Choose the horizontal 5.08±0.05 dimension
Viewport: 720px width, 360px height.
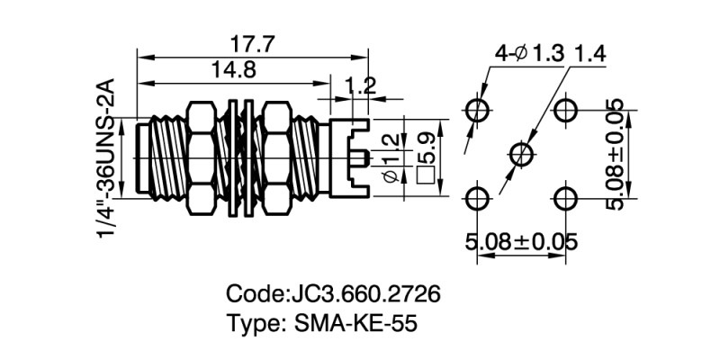[521, 241]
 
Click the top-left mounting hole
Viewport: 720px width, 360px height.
[478, 110]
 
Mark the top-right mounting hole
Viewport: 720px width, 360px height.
[565, 110]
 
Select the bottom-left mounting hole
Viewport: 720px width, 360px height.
[478, 197]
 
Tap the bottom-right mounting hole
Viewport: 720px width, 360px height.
[565, 197]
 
